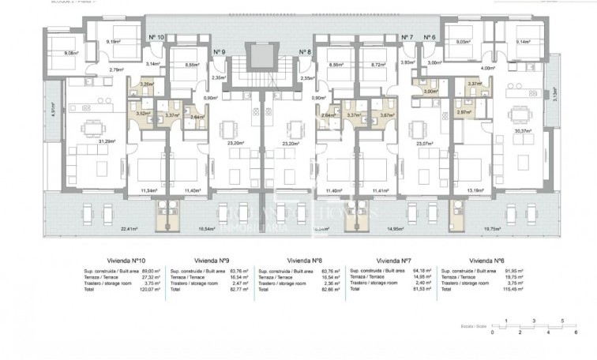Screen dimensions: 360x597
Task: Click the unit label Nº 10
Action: point(156,37)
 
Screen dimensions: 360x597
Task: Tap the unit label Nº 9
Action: point(219,51)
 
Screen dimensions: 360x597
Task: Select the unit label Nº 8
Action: point(305,51)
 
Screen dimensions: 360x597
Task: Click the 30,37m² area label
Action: point(521,132)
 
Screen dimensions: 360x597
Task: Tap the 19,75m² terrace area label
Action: point(514,229)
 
